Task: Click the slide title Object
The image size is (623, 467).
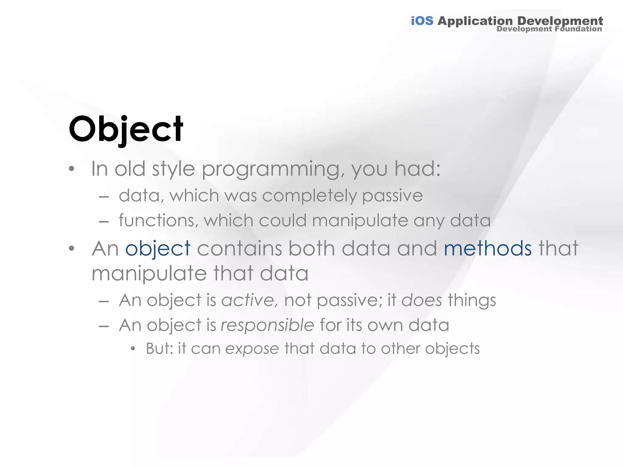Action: click(126, 129)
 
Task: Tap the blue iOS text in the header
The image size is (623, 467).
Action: click(422, 21)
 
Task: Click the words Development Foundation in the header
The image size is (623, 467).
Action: click(549, 29)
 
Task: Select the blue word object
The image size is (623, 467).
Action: click(158, 249)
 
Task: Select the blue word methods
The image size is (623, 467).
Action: click(488, 249)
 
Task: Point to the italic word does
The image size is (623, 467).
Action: click(422, 300)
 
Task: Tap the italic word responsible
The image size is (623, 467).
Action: click(267, 325)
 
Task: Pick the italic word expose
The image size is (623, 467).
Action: click(252, 349)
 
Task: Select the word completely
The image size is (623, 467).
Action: click(309, 195)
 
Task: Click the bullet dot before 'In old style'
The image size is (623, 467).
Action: click(71, 169)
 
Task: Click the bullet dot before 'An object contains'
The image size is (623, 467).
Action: click(71, 249)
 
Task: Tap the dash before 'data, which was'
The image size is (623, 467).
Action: click(104, 197)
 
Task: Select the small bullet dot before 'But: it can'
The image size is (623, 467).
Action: click(133, 349)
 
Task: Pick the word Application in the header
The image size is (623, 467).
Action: click(475, 21)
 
